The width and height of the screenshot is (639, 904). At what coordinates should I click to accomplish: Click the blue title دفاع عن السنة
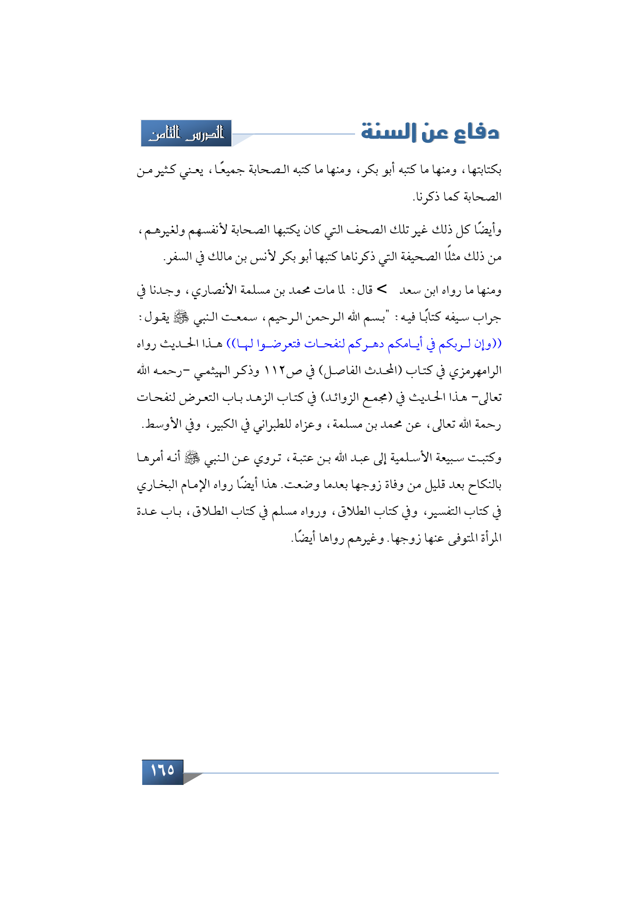[430, 132]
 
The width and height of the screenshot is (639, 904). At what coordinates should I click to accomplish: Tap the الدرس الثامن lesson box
[187, 133]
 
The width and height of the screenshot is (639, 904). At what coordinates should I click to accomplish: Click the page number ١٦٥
[163, 771]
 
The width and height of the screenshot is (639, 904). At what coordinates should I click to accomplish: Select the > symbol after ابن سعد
[382, 290]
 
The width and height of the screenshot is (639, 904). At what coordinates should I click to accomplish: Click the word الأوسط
[163, 425]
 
